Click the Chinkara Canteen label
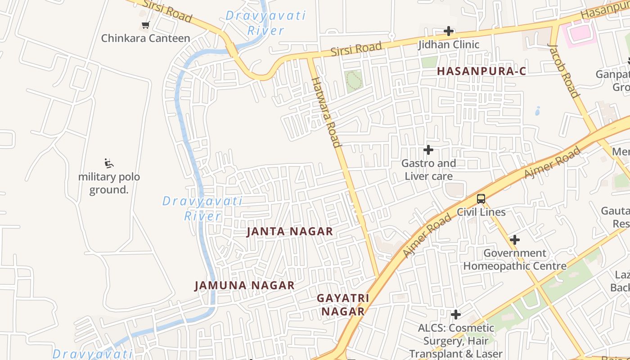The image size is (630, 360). pos(145,38)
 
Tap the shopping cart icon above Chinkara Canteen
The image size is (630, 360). pos(145,25)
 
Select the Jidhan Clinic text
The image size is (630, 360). pos(449,45)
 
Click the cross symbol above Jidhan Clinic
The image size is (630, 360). pos(449,31)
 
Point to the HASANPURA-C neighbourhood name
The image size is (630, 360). pos(481,71)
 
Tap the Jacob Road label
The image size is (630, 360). pos(563,71)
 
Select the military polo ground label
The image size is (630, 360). pos(109,183)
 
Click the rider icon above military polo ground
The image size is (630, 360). pos(109,163)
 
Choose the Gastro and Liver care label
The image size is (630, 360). pos(428,170)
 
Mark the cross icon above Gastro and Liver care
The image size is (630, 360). pos(428,149)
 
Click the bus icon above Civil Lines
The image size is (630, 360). pos(481,198)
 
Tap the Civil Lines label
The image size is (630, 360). pos(481,212)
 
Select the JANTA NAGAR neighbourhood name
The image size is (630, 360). pos(290,231)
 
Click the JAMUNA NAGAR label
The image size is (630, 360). pos(244,285)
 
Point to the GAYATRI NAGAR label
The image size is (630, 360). pos(343,305)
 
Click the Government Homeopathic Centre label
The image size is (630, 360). pos(515,260)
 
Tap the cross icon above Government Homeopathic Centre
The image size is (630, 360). pos(515,240)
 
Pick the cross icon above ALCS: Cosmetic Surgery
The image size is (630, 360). pos(456,314)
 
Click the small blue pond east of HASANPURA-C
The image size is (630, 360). pos(538,110)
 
